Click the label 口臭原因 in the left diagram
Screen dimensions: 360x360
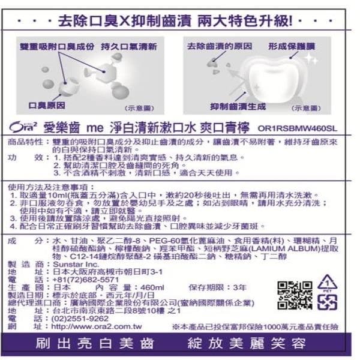pos(47,105)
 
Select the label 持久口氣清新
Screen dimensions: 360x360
pos(129,46)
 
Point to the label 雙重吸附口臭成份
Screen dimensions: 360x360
pos(57,46)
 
